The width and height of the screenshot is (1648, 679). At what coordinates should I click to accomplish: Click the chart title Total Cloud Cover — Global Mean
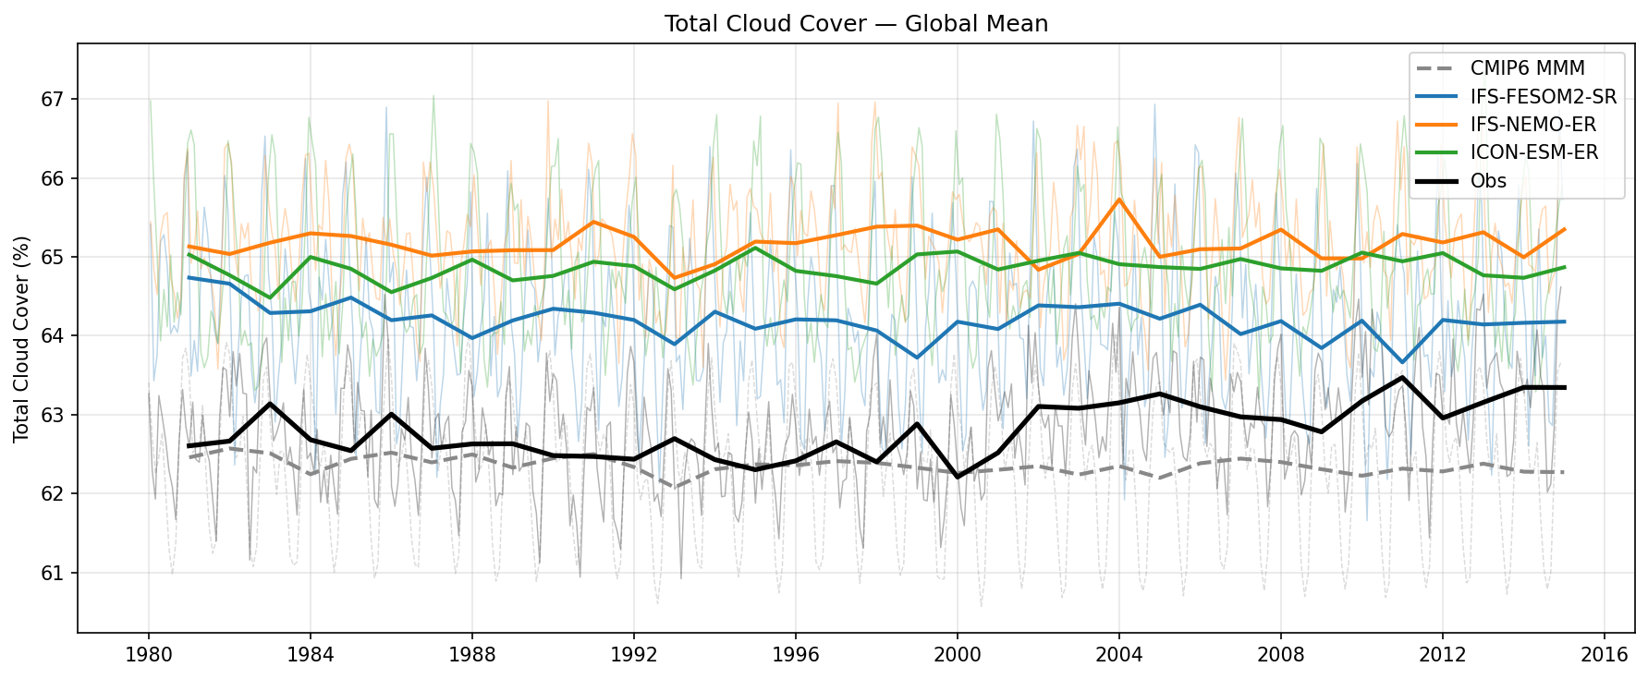pos(856,24)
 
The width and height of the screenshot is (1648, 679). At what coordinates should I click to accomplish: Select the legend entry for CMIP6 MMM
pos(1527,68)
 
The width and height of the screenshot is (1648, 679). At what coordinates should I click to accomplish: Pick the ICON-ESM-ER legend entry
pos(1534,152)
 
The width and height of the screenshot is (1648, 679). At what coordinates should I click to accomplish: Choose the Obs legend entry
pos(1488,181)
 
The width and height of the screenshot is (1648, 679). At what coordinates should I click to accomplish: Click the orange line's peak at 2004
pos(1118,200)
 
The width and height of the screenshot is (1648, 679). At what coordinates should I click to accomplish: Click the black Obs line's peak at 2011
pos(1402,377)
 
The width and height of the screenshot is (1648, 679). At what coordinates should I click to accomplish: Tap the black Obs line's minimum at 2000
pos(957,477)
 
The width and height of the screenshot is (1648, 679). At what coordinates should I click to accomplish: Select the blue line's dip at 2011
pos(1402,362)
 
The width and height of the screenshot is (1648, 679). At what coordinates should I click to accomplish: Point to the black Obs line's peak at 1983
pos(269,404)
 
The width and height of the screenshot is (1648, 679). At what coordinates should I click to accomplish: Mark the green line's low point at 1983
pos(269,297)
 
